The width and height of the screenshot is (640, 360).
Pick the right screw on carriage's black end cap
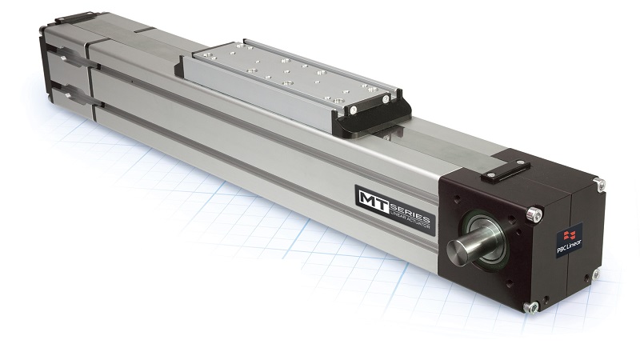click(x=388, y=99)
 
